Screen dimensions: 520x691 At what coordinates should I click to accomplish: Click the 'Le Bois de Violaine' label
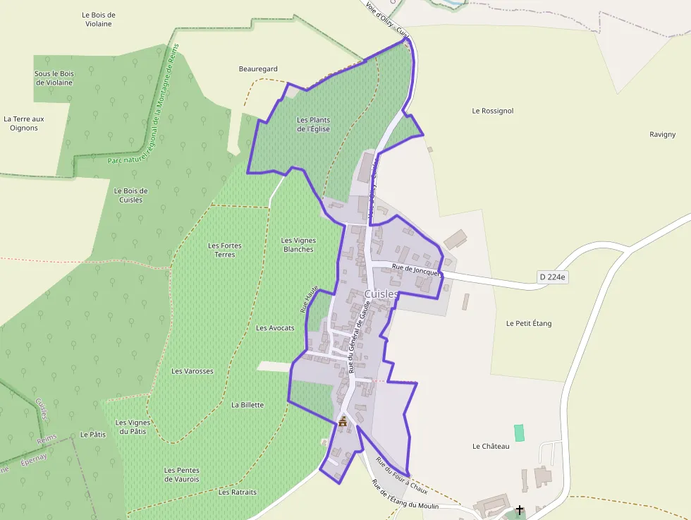tap(98, 19)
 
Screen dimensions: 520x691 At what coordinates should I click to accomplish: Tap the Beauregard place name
tap(258, 69)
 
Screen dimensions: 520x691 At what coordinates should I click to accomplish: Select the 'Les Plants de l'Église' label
tap(313, 124)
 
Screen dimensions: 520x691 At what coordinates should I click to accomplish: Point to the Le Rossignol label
tap(493, 111)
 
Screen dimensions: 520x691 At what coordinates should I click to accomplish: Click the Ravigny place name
tap(662, 134)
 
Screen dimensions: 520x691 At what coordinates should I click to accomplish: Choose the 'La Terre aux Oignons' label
tap(24, 123)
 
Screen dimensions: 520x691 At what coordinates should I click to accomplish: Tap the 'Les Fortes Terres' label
tap(225, 250)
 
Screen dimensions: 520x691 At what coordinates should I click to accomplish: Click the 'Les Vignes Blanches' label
tap(298, 245)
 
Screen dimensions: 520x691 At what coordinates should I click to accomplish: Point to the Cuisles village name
tap(381, 294)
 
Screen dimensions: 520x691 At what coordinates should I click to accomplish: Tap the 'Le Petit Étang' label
tap(529, 323)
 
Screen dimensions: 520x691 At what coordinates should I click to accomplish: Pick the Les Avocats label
tap(275, 328)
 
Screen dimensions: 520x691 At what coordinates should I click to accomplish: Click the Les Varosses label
tap(192, 370)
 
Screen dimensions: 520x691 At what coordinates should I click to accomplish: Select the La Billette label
tap(247, 405)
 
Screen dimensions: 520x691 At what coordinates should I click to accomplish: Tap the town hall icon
tap(343, 422)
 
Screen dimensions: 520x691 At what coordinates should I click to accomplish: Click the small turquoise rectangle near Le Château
tap(520, 433)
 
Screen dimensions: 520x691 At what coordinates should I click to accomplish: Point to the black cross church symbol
tap(520, 509)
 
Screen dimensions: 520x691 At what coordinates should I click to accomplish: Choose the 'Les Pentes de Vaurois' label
tap(182, 475)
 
